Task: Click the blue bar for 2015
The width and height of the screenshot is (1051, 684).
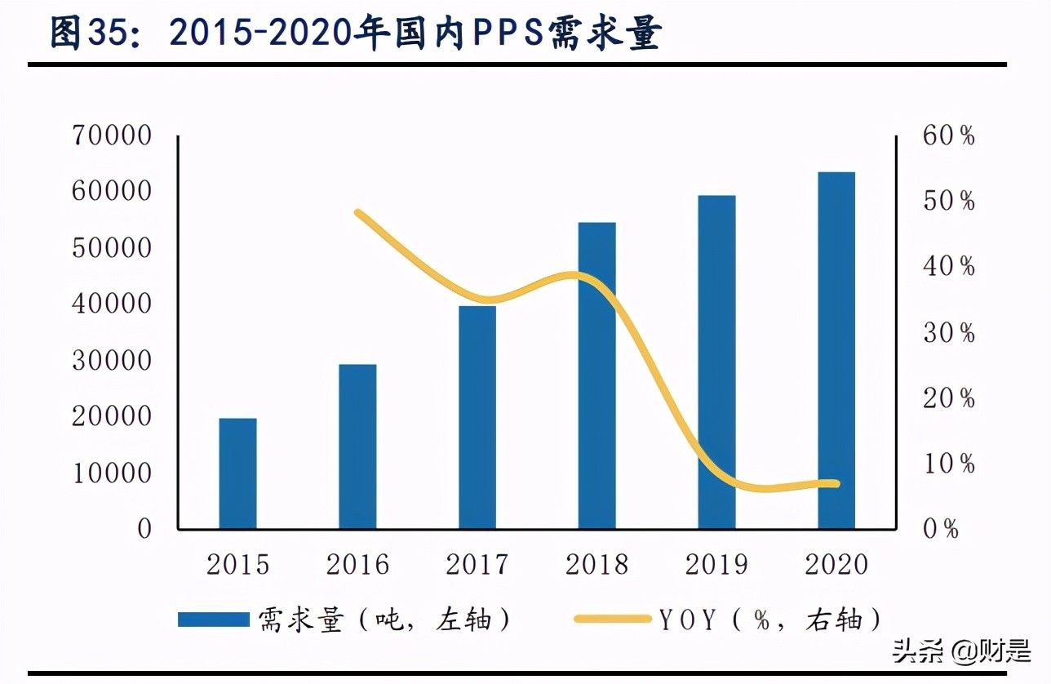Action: click(x=238, y=473)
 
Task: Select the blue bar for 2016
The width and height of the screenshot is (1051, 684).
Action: click(x=357, y=446)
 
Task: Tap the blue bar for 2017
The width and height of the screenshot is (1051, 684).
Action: click(x=477, y=417)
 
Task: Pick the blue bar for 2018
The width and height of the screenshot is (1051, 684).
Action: click(x=596, y=375)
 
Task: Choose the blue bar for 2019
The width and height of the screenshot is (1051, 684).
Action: click(x=716, y=362)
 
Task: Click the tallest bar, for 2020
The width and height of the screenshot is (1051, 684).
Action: click(x=836, y=350)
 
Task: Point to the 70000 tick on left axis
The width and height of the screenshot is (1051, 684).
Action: click(x=112, y=135)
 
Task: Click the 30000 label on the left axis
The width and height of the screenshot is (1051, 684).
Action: click(x=112, y=361)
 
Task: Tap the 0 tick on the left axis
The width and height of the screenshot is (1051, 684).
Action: click(x=144, y=529)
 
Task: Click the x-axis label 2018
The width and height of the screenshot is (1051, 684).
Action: click(x=596, y=565)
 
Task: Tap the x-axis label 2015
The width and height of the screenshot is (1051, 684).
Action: click(x=238, y=565)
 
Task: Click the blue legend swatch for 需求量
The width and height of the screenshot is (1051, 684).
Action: click(x=214, y=620)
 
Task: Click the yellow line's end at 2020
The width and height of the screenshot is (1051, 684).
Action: click(x=836, y=483)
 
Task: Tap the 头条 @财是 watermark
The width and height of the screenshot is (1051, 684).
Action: click(x=961, y=651)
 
